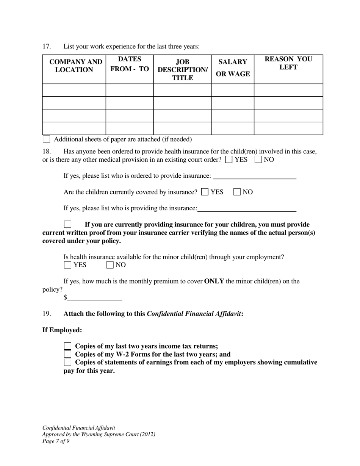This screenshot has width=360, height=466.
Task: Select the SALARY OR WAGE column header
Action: [233, 68]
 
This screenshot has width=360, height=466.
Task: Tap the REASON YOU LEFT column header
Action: [288, 63]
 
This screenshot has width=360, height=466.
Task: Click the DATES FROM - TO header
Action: [130, 64]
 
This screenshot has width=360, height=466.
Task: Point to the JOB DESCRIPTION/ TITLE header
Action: [183, 70]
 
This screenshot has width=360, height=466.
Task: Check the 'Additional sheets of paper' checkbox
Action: [46, 139]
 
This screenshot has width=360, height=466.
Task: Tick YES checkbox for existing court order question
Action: [229, 160]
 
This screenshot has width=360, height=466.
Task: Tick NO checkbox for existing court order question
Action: [258, 160]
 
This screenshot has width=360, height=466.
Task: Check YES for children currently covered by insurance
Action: [205, 192]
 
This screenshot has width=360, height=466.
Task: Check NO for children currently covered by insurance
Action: [237, 192]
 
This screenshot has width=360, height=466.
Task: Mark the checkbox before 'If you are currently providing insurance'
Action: [67, 224]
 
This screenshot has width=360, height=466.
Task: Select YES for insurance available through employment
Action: [67, 265]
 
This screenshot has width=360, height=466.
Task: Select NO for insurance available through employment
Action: [110, 265]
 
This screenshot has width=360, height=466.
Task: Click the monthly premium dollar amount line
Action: [94, 298]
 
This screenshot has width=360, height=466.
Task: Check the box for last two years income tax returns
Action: [67, 346]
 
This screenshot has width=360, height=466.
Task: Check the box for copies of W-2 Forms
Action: [67, 354]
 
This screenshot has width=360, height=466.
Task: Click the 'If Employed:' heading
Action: [62, 330]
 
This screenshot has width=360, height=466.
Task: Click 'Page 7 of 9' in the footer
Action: [56, 441]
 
